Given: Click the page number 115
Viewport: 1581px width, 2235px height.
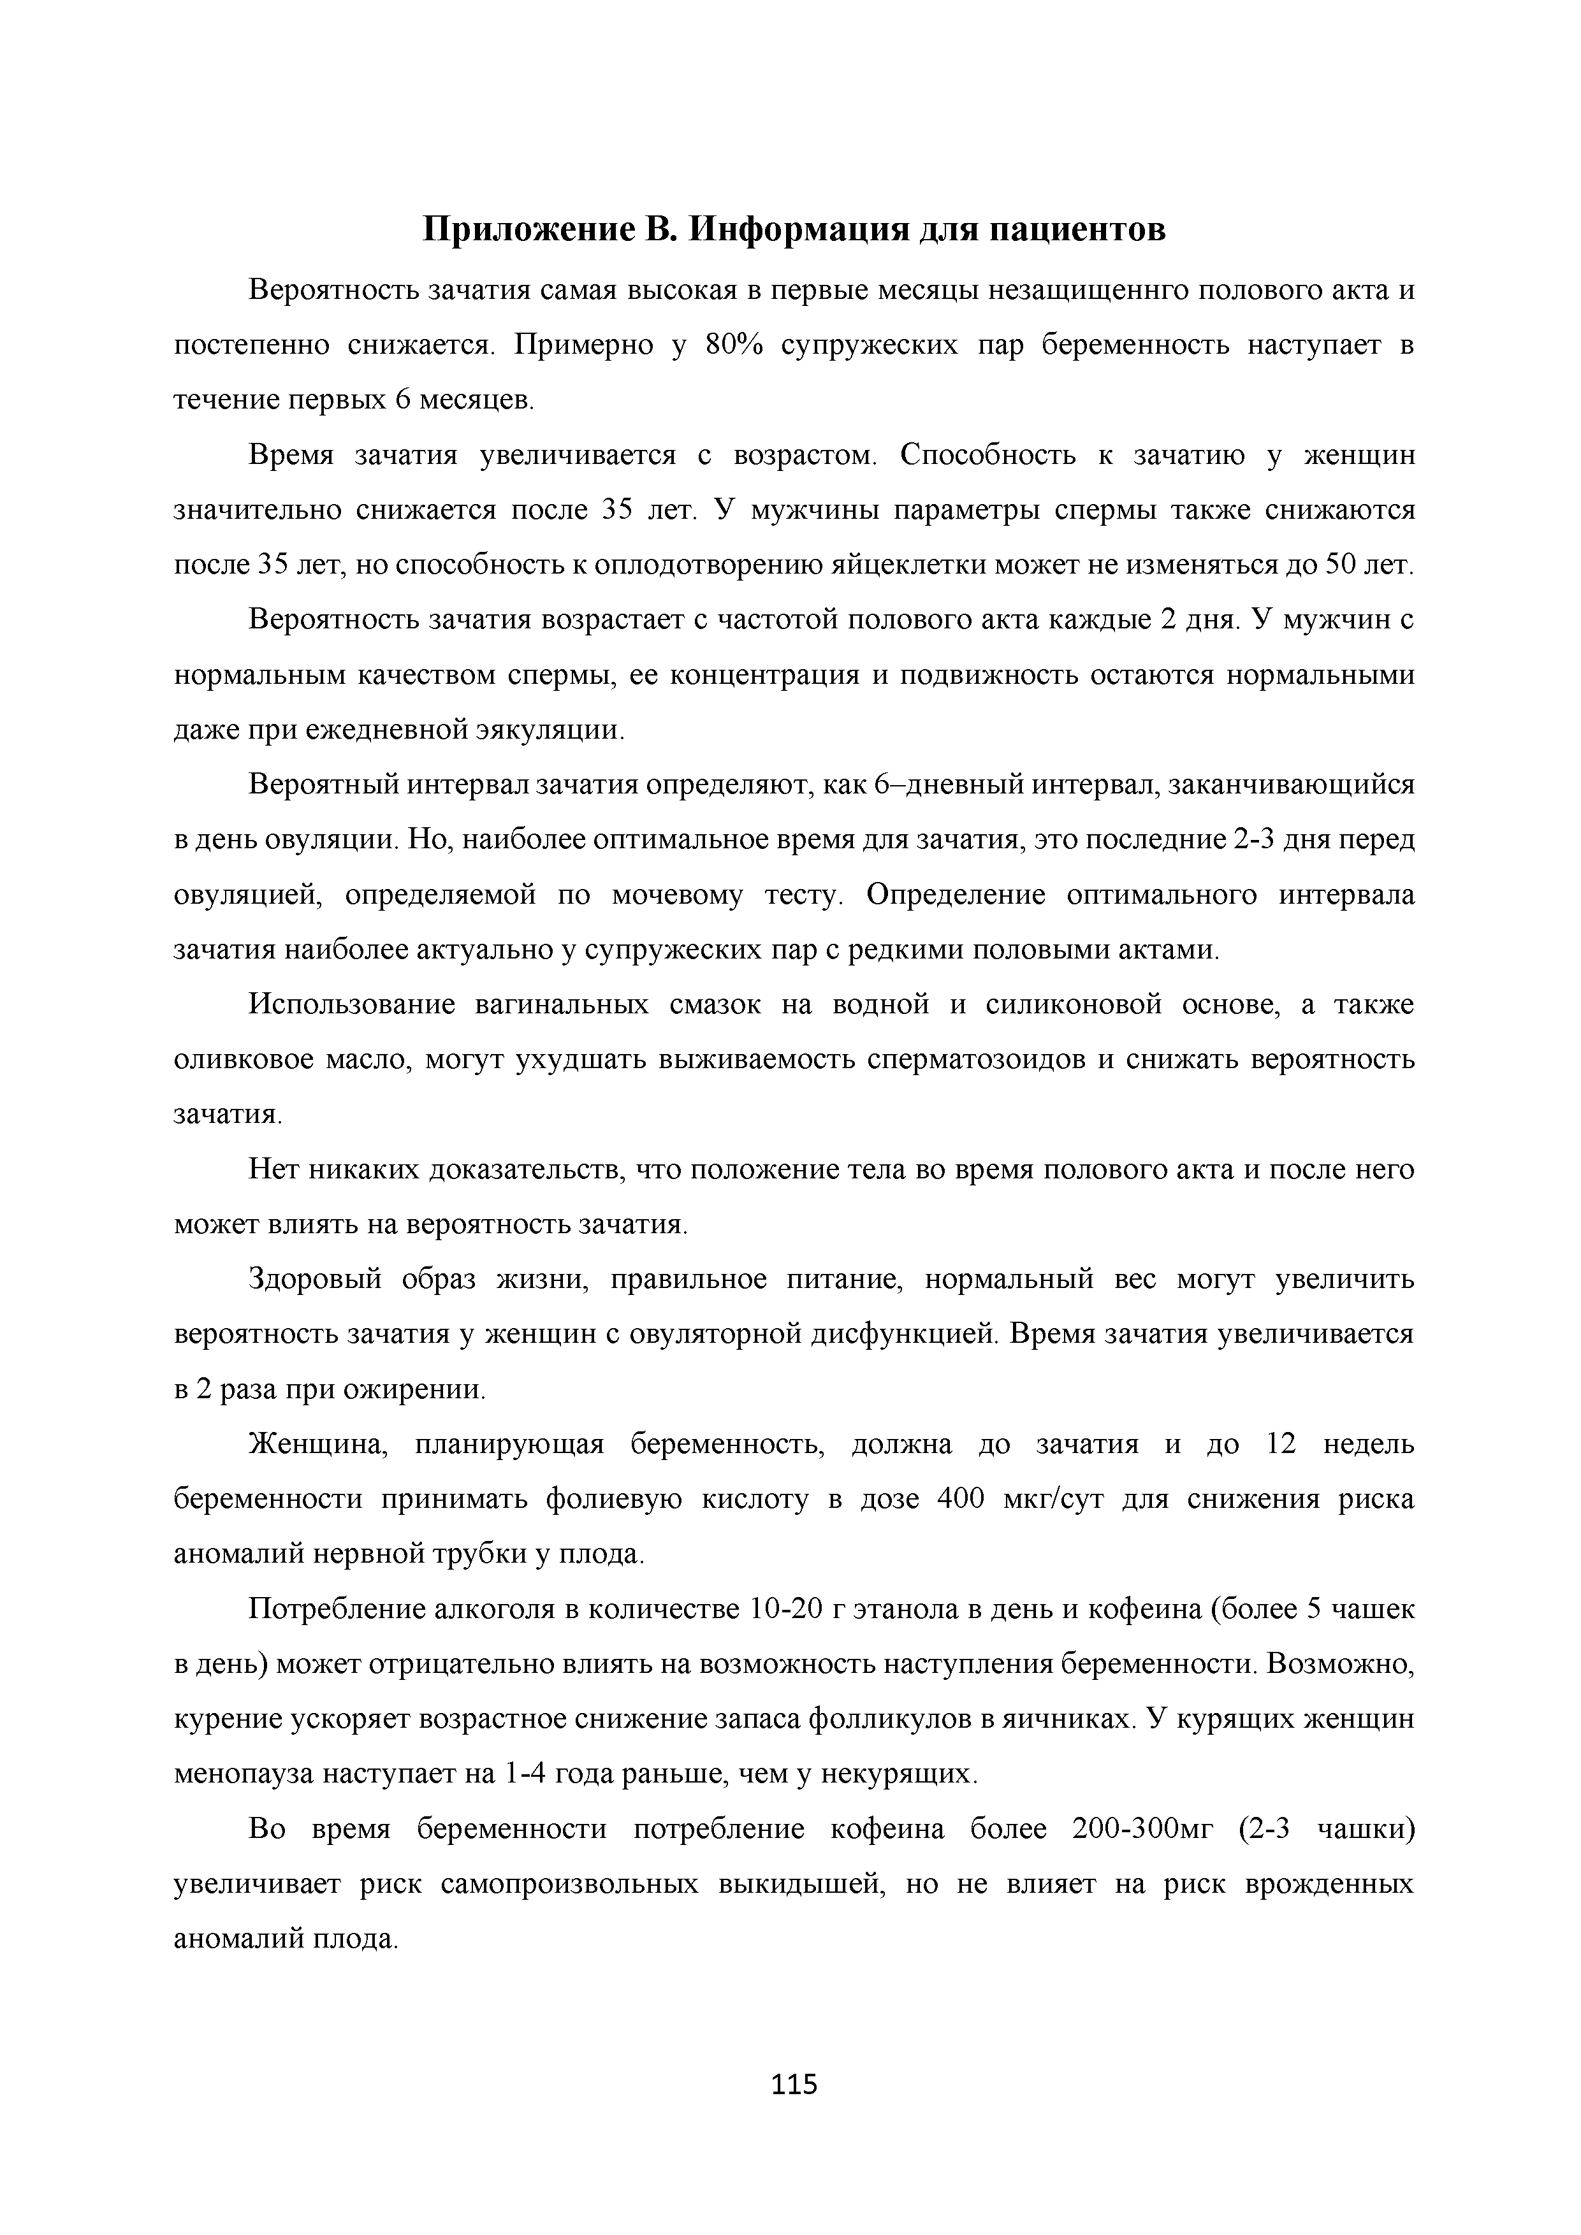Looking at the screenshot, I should pyautogui.click(x=794, y=2084).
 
